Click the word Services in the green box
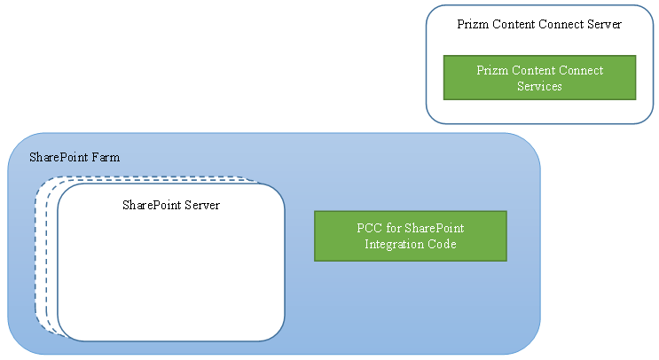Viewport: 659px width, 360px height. tap(539, 86)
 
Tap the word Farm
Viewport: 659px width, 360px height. tap(105, 158)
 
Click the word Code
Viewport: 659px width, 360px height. tap(441, 244)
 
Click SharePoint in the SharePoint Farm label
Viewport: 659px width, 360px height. tap(59, 158)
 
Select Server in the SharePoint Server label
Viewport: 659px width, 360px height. tap(201, 205)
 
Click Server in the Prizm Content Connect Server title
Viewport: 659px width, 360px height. tap(604, 24)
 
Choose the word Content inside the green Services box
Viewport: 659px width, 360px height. tap(534, 70)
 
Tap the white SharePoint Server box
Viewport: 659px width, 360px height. tap(170, 275)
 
